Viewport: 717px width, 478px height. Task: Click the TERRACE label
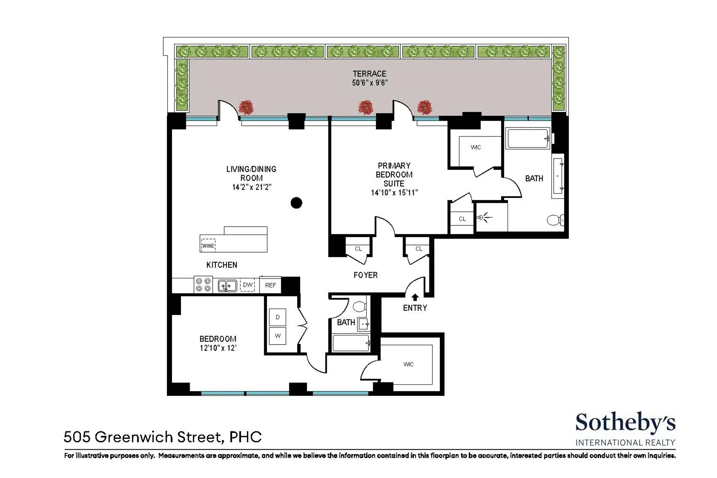[369, 74]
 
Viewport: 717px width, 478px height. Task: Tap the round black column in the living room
[296, 203]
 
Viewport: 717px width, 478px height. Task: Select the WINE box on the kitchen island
[208, 246]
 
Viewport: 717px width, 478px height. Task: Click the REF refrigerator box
[270, 285]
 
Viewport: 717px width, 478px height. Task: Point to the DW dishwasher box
[248, 285]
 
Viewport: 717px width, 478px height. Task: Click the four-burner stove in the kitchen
[203, 285]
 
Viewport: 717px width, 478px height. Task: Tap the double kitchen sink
[227, 286]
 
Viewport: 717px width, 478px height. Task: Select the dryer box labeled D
[278, 317]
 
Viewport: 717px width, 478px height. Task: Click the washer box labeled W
[278, 336]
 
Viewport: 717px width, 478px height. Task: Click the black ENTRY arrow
[415, 297]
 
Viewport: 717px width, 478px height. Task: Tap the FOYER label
[365, 275]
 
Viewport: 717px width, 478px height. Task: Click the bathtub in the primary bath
[528, 138]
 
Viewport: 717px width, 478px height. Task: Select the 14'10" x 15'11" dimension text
[394, 193]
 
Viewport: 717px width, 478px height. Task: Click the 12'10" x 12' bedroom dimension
[218, 348]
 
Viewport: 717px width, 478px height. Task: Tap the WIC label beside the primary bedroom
[476, 147]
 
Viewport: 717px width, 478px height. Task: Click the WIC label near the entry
[408, 364]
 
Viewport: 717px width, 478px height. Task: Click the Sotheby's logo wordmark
[625, 423]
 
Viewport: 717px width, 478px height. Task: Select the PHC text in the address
[246, 437]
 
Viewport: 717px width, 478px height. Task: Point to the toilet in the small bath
[360, 306]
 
